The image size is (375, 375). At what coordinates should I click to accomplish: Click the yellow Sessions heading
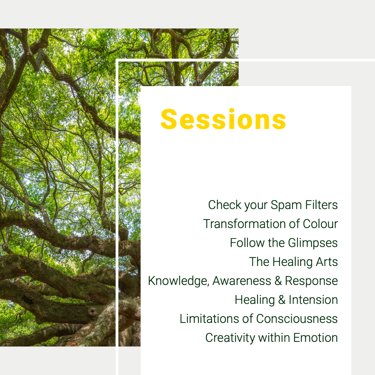223,119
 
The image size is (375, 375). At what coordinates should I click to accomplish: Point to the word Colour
320,224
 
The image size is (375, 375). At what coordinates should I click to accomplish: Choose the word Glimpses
313,243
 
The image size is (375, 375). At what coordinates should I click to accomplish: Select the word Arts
327,262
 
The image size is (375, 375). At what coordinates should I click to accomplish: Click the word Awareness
242,281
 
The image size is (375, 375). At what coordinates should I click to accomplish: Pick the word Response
311,281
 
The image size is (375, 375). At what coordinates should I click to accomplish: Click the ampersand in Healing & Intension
282,300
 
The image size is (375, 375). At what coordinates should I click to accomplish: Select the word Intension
313,300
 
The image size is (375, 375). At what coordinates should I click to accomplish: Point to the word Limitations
209,319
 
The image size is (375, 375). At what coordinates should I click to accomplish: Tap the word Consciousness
297,319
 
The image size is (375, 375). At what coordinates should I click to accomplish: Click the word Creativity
230,338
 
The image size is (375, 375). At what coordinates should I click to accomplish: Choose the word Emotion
315,338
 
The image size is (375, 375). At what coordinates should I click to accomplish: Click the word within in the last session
274,338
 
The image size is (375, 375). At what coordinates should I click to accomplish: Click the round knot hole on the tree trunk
92,311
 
